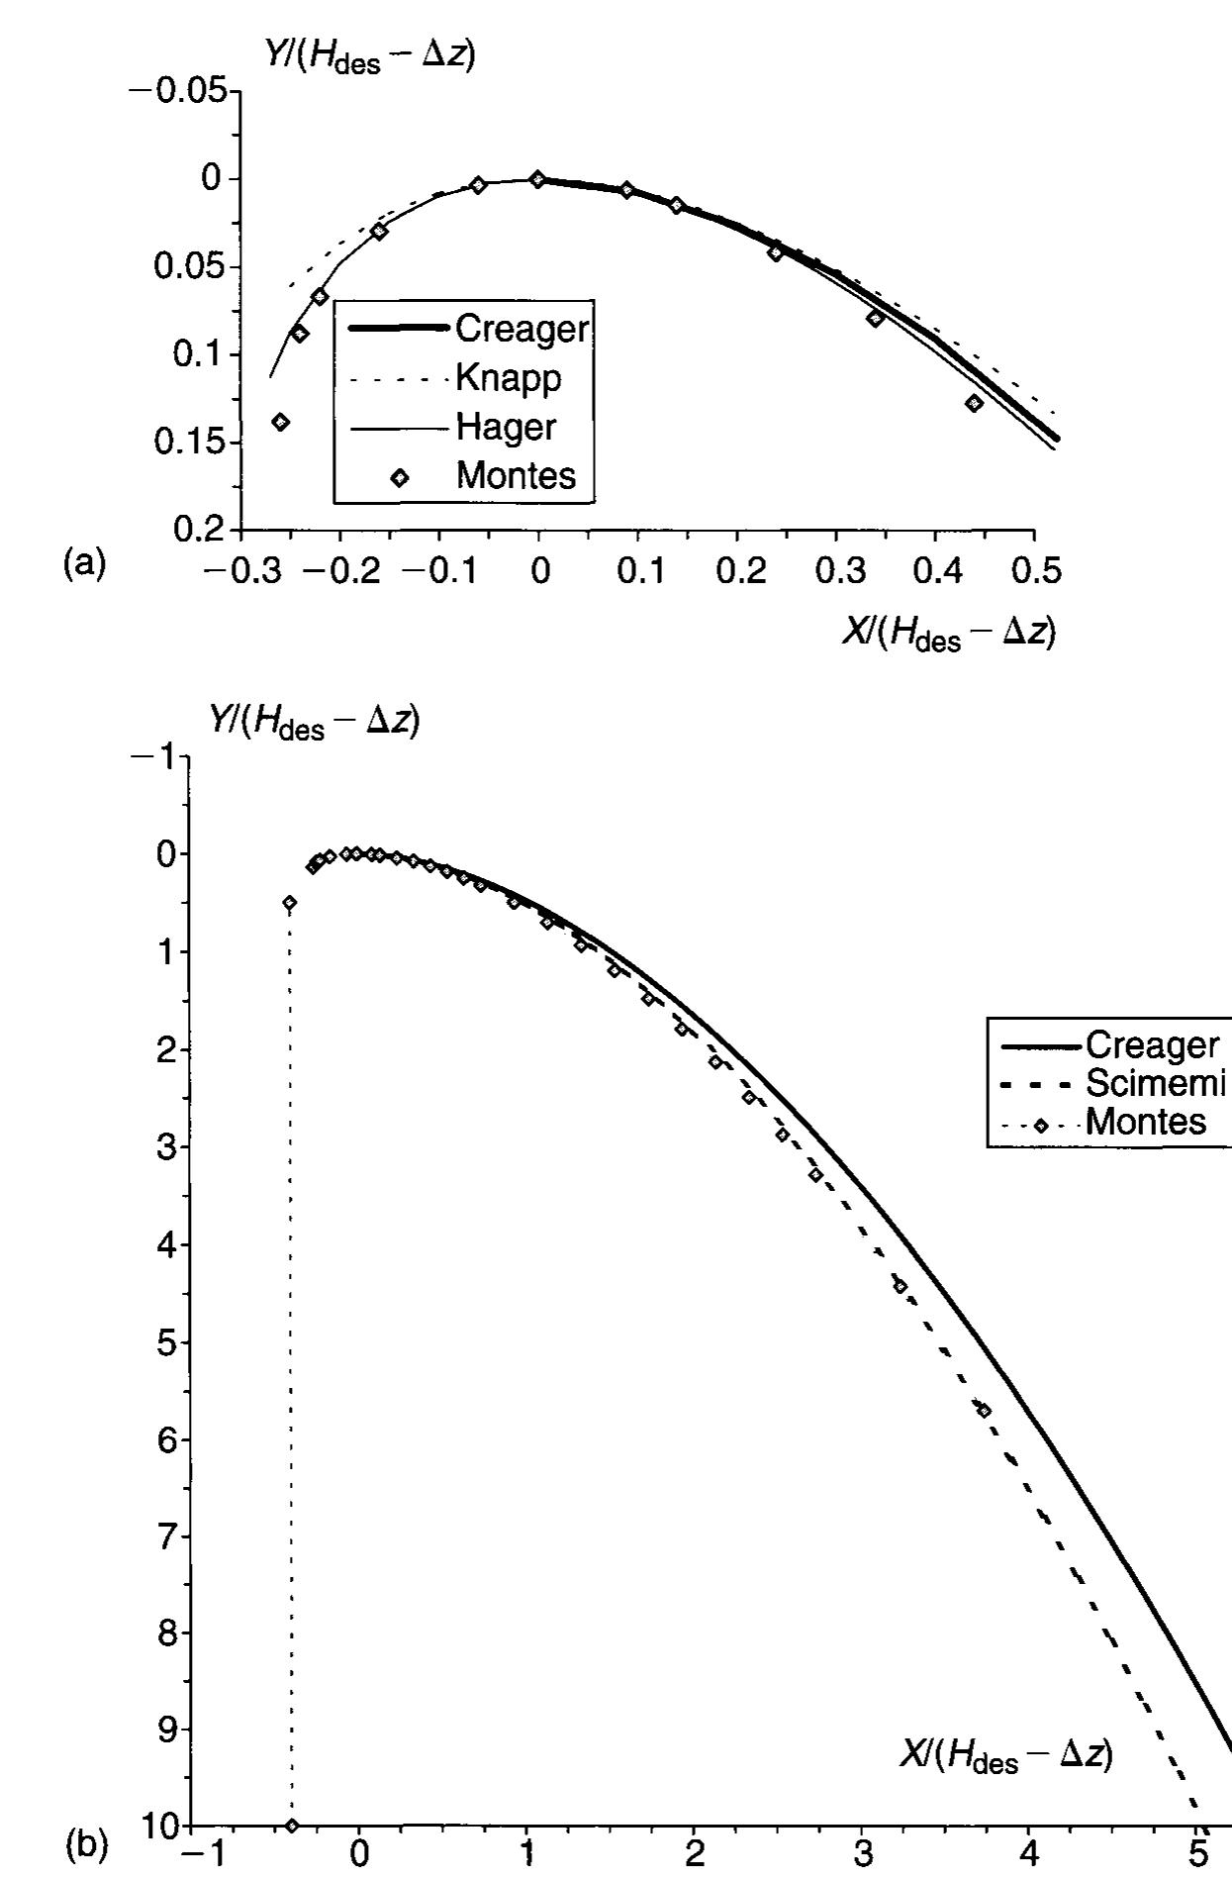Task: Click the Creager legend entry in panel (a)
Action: (x=521, y=329)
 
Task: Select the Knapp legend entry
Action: (x=508, y=377)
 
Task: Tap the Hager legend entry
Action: (x=505, y=427)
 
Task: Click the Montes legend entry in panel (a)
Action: (x=515, y=476)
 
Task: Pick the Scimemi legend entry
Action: (x=1156, y=1084)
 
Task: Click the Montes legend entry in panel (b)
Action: (x=1145, y=1123)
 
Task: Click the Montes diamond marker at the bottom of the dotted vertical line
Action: (x=291, y=1826)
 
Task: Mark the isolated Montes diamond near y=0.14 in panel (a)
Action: (x=281, y=422)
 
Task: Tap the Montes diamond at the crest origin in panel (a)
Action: (x=537, y=179)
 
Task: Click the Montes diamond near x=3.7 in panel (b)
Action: (x=984, y=1411)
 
